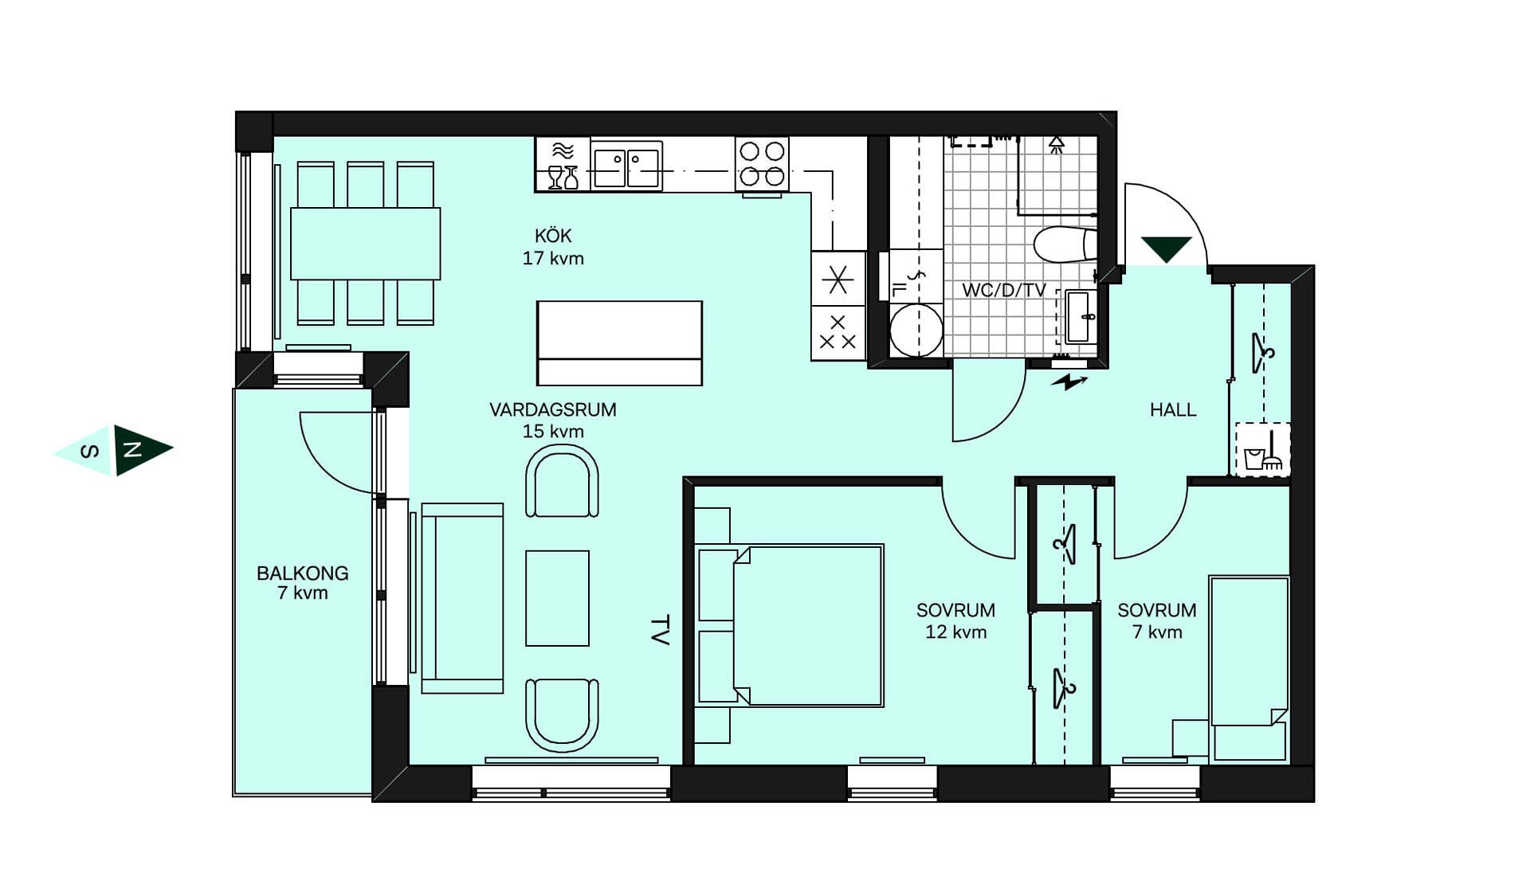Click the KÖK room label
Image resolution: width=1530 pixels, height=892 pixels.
(553, 236)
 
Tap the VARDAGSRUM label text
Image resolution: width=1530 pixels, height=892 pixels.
(553, 410)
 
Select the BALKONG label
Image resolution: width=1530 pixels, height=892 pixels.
(303, 573)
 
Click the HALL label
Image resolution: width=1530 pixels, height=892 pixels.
(1173, 410)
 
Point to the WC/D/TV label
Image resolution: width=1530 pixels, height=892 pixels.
(1004, 290)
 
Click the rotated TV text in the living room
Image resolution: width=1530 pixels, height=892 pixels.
(660, 630)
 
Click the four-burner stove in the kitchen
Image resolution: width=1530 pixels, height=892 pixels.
(762, 164)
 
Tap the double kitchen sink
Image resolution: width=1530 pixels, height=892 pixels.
(627, 166)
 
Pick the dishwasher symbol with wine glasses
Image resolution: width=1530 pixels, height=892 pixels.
(563, 165)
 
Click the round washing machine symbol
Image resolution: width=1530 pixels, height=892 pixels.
(916, 331)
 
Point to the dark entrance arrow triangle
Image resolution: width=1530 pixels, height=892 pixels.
(1167, 248)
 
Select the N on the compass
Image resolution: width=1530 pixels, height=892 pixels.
(131, 450)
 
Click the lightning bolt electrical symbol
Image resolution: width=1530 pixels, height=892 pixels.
(1069, 383)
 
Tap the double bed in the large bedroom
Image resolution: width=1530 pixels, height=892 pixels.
(790, 625)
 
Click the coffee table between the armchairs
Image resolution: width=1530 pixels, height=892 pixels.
(557, 598)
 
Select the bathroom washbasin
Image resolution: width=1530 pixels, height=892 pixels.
(1081, 316)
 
